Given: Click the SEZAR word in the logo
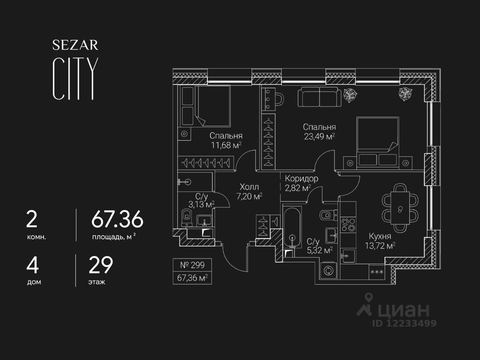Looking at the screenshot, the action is click(x=75, y=45).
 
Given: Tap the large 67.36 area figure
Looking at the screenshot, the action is click(x=117, y=219).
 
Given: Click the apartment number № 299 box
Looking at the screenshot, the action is click(x=192, y=265).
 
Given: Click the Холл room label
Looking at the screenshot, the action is click(x=249, y=187).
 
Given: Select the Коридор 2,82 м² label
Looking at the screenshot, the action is click(x=301, y=178).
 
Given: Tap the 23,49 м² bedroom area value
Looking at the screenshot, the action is click(x=319, y=136).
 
